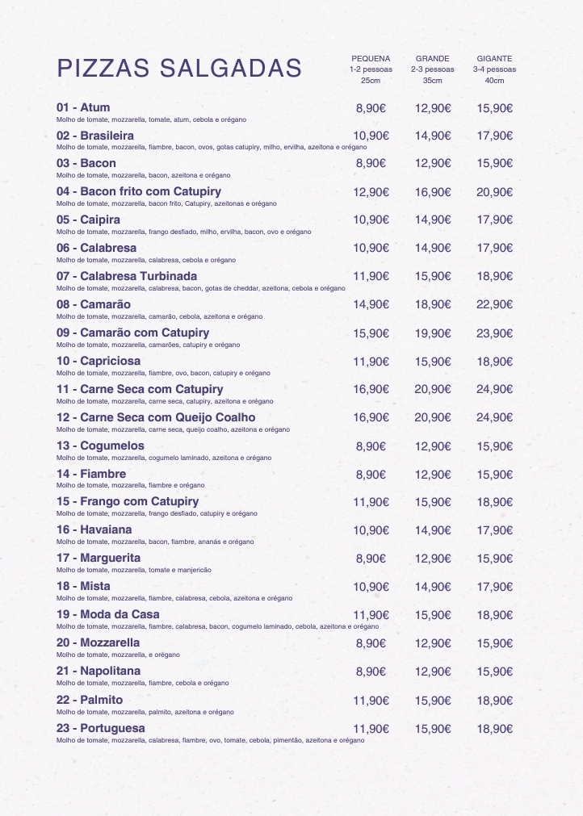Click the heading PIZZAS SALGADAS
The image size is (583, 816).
[x=178, y=69]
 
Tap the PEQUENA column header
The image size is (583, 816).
[x=371, y=59]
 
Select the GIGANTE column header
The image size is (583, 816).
[x=494, y=59]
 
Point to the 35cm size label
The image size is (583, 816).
[x=432, y=80]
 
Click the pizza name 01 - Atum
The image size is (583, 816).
[x=83, y=107]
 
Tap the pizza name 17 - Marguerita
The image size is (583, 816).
[x=99, y=558]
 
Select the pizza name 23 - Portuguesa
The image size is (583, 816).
[x=101, y=728]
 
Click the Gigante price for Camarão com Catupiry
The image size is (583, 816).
[x=494, y=333]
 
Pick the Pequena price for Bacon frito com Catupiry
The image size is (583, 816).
[x=371, y=192]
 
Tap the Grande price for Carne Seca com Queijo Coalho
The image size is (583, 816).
[x=432, y=417]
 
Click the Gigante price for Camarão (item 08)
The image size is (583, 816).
[x=494, y=304]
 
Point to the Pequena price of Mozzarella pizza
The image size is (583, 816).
[x=371, y=643]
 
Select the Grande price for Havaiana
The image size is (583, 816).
[x=432, y=530]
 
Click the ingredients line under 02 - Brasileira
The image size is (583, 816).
[x=212, y=147]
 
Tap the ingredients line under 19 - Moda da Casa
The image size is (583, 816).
[x=217, y=626]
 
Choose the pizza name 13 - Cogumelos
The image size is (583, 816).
[x=100, y=446]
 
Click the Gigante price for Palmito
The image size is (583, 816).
[x=494, y=700]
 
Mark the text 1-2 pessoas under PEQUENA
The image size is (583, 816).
[x=371, y=69]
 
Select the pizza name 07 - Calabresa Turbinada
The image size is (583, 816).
[x=127, y=276]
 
